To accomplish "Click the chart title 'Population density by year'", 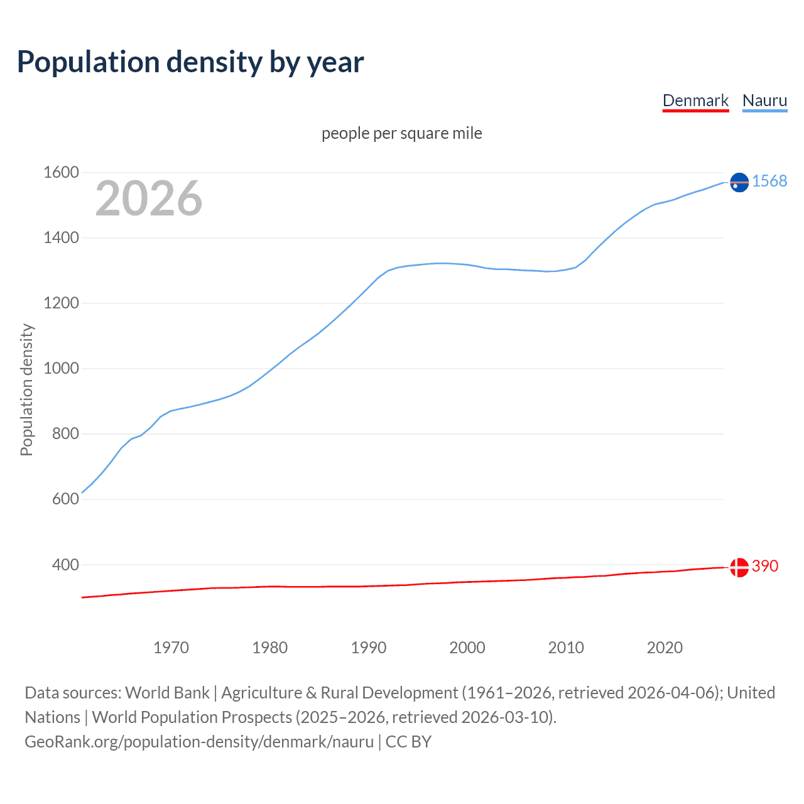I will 190,62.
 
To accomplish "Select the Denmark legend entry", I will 695,100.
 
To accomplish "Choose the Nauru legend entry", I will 764,100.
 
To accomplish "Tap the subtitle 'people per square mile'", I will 401,133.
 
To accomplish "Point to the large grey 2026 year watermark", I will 149,198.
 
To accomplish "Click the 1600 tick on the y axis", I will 61,172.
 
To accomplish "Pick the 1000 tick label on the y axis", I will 61,368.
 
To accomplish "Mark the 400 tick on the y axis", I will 65,565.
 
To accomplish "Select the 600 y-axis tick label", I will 65,499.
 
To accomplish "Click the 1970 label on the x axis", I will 171,648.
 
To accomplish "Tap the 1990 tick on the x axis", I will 369,648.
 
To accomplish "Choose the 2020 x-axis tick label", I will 665,648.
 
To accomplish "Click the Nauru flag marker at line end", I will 739,182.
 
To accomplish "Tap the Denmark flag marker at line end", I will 739,567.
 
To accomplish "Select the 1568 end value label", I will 769,181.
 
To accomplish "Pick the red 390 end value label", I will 765,566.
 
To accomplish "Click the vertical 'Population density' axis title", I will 26,389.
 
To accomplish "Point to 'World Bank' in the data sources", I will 167,693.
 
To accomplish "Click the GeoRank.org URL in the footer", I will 199,742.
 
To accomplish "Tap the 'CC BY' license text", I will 408,742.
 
